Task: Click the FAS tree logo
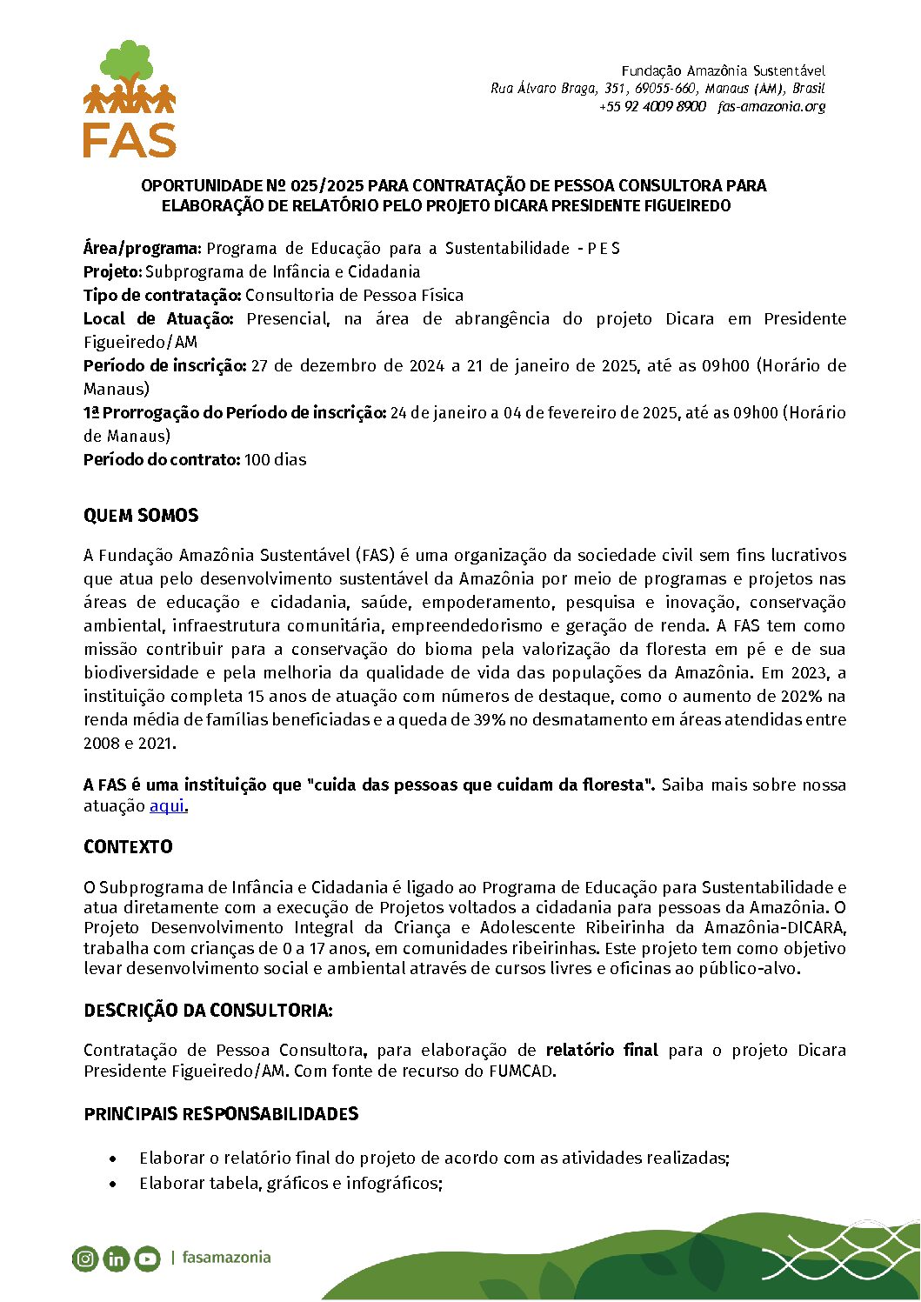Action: pyautogui.click(x=130, y=98)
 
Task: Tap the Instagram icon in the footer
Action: pyautogui.click(x=85, y=1259)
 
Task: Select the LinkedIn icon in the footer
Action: pyautogui.click(x=116, y=1259)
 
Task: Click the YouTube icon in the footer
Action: pyautogui.click(x=147, y=1259)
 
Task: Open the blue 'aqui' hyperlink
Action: pyautogui.click(x=167, y=806)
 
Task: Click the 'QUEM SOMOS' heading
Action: pyautogui.click(x=141, y=516)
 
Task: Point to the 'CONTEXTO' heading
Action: pyautogui.click(x=128, y=847)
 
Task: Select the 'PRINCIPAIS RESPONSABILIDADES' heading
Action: pyautogui.click(x=221, y=1114)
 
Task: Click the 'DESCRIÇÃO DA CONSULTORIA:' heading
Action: pyautogui.click(x=208, y=1011)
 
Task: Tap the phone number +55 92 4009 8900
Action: pyautogui.click(x=652, y=107)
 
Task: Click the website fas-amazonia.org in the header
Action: pyautogui.click(x=771, y=107)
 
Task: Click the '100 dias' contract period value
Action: pyautogui.click(x=275, y=460)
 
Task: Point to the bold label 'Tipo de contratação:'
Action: pyautogui.click(x=162, y=296)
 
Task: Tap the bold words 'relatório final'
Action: pyautogui.click(x=602, y=1051)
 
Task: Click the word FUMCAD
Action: pyautogui.click(x=521, y=1072)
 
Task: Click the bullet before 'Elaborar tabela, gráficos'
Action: pyautogui.click(x=113, y=1185)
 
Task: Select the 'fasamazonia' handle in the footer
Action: pyautogui.click(x=226, y=1258)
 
